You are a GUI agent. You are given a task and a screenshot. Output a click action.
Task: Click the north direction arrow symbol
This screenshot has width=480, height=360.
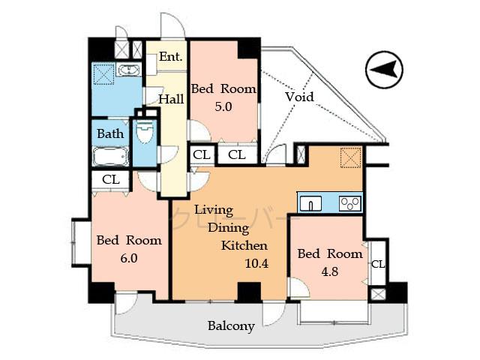(x=384, y=70)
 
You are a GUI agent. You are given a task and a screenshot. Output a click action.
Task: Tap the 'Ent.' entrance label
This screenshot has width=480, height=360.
(x=171, y=57)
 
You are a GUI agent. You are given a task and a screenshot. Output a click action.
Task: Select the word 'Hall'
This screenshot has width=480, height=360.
(x=171, y=98)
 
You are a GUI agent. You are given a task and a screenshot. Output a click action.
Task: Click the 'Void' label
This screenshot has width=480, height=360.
(x=299, y=97)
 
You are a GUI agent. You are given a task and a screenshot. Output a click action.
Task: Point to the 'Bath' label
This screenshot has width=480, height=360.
(x=110, y=133)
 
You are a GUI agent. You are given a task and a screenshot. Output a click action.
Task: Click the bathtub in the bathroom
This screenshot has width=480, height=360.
(x=111, y=157)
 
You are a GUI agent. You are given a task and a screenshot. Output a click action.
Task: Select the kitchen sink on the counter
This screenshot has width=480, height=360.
(x=312, y=202)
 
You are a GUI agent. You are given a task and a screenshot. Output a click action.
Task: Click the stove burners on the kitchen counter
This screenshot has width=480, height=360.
(x=349, y=202)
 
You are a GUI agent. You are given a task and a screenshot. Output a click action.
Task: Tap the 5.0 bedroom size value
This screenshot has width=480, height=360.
(x=223, y=106)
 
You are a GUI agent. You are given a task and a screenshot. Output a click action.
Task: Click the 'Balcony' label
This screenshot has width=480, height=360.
(x=231, y=326)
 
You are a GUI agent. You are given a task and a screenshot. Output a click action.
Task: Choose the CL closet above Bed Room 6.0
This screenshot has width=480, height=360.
(x=111, y=180)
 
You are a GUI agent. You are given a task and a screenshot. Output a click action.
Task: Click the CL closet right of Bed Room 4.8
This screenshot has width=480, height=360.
(x=378, y=264)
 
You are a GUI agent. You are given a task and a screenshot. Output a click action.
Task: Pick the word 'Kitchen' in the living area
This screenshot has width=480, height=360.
(x=244, y=245)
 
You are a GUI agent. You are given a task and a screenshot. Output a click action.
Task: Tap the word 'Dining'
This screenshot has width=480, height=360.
(x=223, y=228)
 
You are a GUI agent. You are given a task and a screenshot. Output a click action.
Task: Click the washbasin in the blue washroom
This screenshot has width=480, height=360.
(x=129, y=71)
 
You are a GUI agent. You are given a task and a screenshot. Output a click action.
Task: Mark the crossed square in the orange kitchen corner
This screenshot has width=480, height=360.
(x=350, y=158)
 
